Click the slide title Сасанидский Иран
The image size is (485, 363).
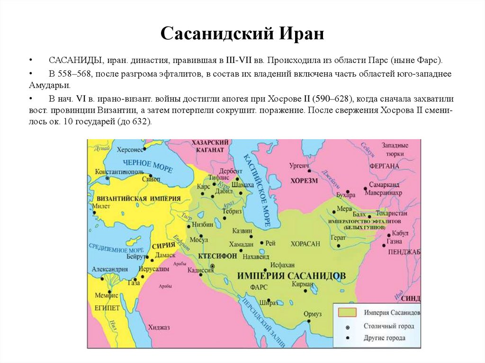point(242,34)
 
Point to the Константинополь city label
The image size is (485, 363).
point(118,171)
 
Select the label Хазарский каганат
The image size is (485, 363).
point(210,146)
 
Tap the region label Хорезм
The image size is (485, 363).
point(304,180)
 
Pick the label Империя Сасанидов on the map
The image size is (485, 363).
point(291,275)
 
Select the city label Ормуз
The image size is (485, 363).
point(313,314)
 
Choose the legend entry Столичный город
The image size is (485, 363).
point(388,326)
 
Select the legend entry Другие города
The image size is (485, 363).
point(384,338)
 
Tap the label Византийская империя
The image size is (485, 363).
point(130,198)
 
